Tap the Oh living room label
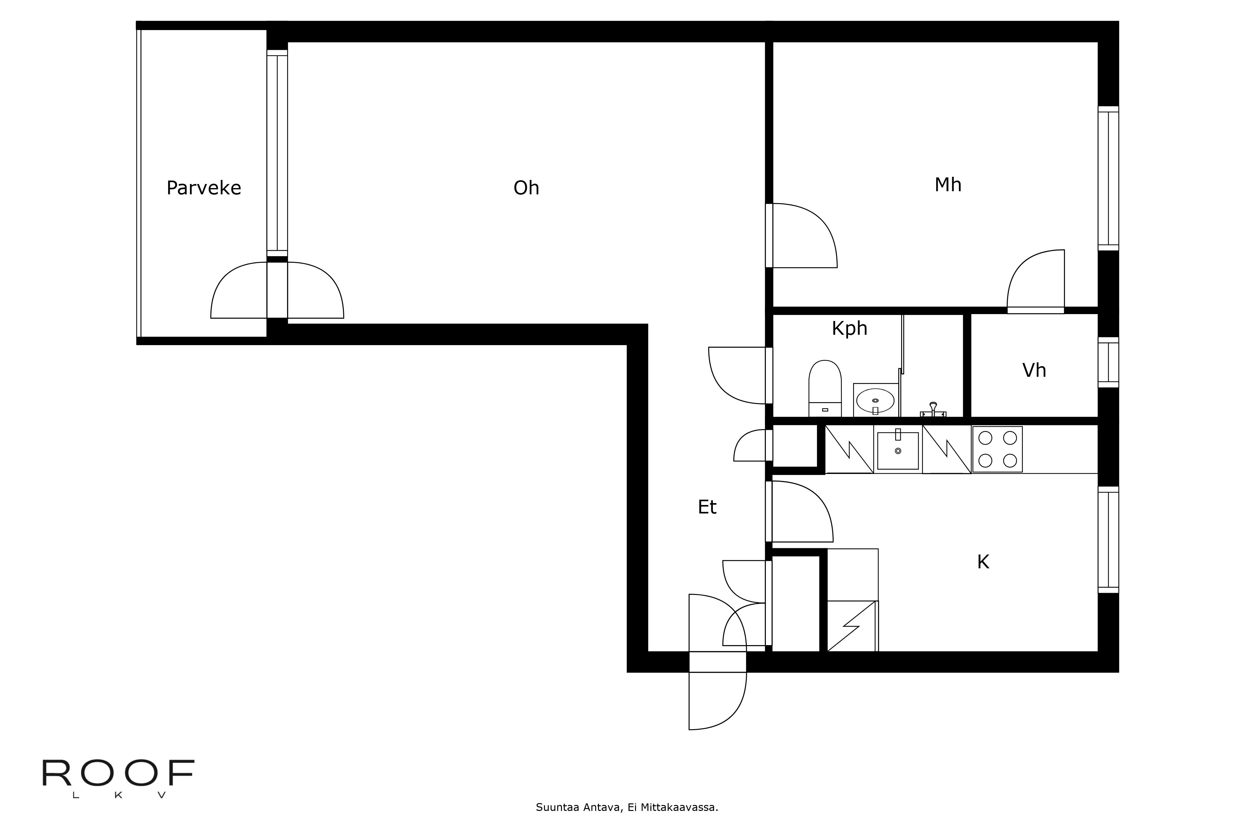click(x=526, y=188)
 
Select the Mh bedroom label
click(x=948, y=185)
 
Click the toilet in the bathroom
click(x=825, y=388)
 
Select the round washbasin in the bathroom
click(x=875, y=400)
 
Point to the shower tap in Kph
click(x=933, y=409)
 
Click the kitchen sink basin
click(x=898, y=450)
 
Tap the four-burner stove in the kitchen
click(x=997, y=449)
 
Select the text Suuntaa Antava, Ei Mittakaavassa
click(x=627, y=807)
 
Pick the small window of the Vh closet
click(x=1108, y=363)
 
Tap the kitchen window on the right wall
click(x=1108, y=539)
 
